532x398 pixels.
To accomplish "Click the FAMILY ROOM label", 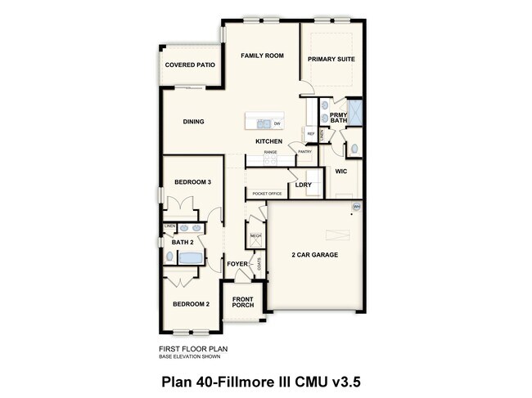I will point(261,56).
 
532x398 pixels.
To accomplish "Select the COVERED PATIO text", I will point(190,65).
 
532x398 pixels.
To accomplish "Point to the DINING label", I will point(193,122).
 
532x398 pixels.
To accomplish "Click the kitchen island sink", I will point(264,124).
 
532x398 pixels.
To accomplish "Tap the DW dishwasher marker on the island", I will point(277,124).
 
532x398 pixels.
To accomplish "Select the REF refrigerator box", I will point(310,133).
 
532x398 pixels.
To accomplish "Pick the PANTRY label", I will point(304,151).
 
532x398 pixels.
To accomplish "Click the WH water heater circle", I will point(356,208).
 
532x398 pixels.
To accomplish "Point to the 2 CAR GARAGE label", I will point(315,255).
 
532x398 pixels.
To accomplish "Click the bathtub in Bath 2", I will point(191,258).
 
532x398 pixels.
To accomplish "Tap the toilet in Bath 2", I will point(169,257).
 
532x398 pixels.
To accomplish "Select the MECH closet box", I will point(255,236).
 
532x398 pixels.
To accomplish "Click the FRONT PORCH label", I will point(242,302).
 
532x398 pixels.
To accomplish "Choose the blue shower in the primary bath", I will point(355,112).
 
